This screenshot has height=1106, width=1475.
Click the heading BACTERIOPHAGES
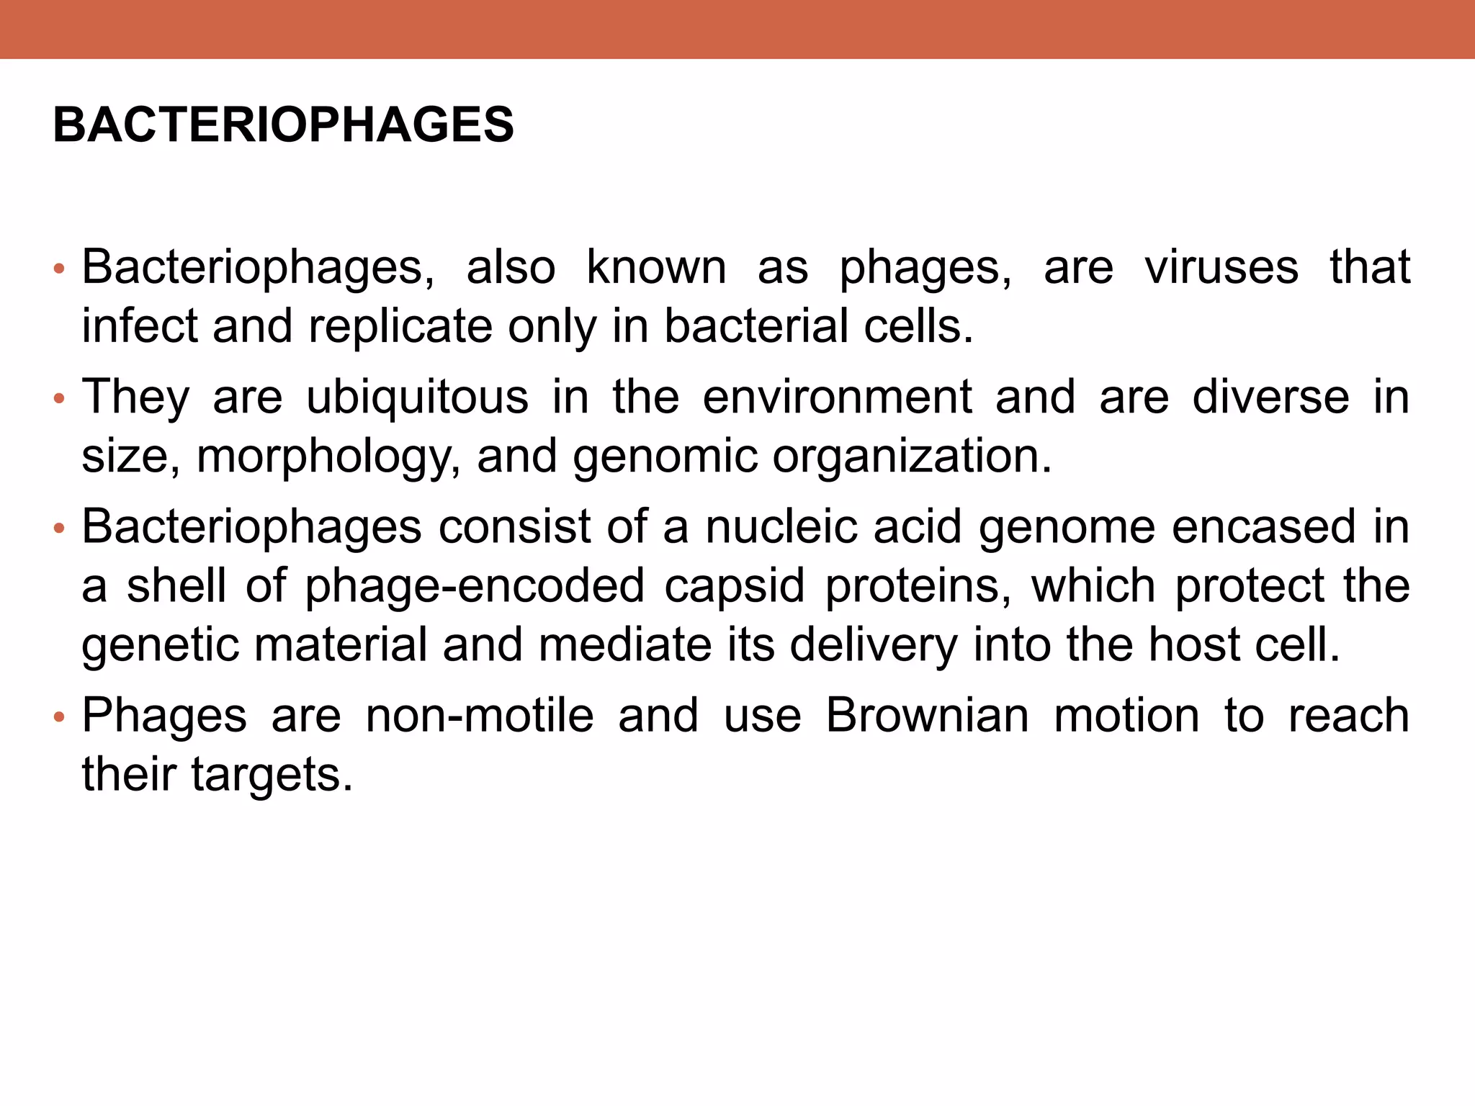point(283,125)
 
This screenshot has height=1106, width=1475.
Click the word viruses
point(1221,268)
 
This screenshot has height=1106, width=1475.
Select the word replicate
point(400,327)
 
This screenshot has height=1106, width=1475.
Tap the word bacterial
point(756,327)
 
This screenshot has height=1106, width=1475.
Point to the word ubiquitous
point(417,397)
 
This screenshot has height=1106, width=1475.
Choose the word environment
point(837,397)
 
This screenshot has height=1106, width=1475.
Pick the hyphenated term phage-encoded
point(475,586)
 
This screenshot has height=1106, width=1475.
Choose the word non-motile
point(480,716)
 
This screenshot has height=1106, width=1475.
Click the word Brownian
point(927,716)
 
